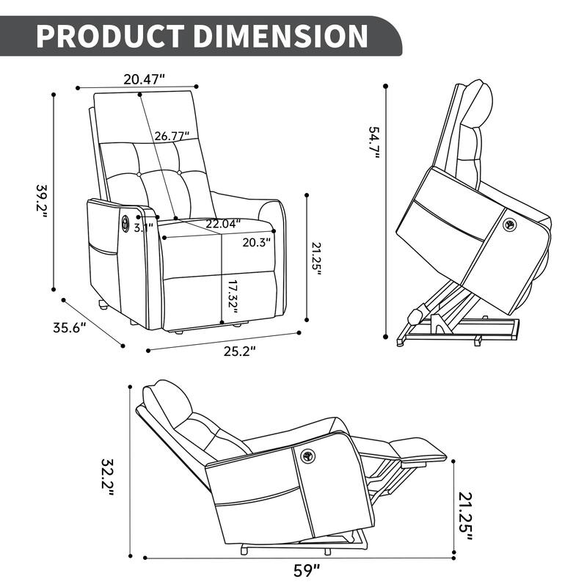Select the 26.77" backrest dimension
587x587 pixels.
(x=172, y=136)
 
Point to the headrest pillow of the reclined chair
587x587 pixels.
(x=166, y=398)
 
